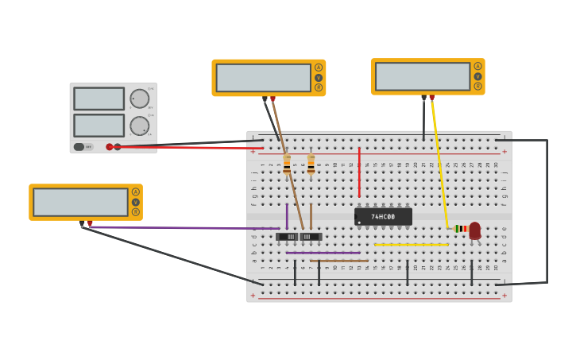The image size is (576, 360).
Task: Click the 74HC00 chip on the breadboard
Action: (x=383, y=217)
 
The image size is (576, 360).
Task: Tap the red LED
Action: (x=475, y=230)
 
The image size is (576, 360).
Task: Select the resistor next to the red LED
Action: (x=461, y=229)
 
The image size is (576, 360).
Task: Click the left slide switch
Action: (x=288, y=237)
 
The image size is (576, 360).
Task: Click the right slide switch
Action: (x=310, y=237)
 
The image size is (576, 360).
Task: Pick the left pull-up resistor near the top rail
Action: (x=287, y=165)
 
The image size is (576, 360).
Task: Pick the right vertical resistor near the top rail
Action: (x=311, y=165)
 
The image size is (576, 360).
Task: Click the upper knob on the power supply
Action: (x=139, y=99)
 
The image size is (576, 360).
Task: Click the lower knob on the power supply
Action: (x=139, y=126)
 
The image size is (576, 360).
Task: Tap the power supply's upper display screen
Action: (x=99, y=99)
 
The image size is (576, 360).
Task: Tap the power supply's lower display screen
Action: (x=99, y=126)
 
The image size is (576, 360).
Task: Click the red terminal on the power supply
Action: (x=110, y=147)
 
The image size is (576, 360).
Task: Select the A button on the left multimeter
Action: (x=136, y=192)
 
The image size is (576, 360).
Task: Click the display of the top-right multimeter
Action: (x=422, y=76)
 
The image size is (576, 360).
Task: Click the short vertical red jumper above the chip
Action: (x=359, y=172)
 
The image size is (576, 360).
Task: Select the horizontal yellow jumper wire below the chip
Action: (x=411, y=245)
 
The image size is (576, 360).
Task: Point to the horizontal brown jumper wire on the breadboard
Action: (x=339, y=261)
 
